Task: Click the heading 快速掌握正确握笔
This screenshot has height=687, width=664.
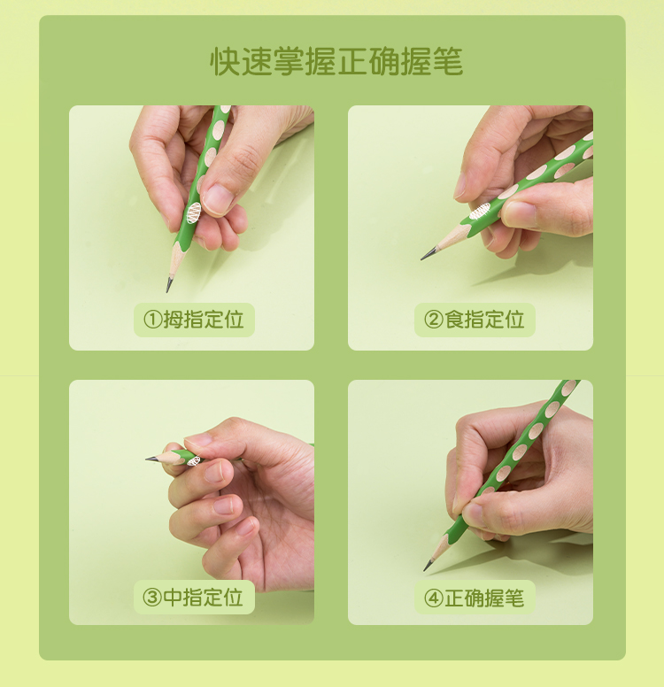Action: [336, 61]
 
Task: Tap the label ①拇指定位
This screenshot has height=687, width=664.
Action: [194, 320]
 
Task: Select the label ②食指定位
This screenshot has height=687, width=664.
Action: [475, 320]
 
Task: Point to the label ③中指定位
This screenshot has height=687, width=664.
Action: [193, 598]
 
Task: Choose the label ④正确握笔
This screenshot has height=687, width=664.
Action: [475, 598]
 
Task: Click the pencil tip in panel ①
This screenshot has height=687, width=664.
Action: [168, 291]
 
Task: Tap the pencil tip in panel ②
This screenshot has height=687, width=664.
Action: [421, 259]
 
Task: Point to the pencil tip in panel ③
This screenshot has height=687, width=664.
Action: [146, 459]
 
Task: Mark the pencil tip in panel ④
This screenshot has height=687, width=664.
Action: [424, 570]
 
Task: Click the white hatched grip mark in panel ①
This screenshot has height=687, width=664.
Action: [194, 213]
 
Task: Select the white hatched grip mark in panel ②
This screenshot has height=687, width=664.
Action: [480, 212]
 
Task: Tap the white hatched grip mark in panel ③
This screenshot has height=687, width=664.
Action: [193, 460]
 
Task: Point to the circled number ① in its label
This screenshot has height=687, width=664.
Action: [153, 320]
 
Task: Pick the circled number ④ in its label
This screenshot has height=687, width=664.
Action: [434, 598]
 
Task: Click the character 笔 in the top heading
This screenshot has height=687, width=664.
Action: [447, 61]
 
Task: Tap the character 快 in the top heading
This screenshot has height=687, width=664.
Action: [225, 61]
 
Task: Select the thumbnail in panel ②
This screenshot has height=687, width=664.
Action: [520, 214]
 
